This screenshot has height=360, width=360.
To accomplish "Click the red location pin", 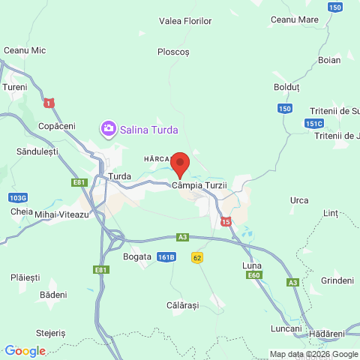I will tap(180, 163).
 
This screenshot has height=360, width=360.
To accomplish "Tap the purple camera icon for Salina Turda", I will tap(109, 129).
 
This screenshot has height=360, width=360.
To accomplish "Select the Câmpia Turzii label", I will tap(199, 185).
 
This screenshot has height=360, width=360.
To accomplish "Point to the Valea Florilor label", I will tap(185, 21).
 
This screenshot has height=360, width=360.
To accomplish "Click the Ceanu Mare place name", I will tap(294, 19).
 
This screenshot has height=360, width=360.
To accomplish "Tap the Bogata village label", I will tap(137, 256).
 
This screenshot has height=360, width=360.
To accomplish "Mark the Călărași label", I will tap(182, 306).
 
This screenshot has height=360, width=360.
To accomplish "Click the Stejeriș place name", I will tap(51, 332).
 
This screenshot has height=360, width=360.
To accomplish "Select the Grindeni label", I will tap(337, 280).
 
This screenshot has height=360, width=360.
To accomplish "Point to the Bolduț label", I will tap(286, 88).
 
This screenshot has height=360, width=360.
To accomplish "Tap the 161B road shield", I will tap(166, 256).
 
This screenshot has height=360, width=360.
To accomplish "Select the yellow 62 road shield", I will tap(197, 257).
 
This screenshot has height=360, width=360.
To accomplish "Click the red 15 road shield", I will tap(226, 221).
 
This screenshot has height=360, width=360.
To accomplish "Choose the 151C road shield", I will tap(314, 124).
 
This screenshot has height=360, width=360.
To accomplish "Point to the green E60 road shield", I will tap(254, 276).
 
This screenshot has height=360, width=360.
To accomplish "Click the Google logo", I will tap(24, 351).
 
